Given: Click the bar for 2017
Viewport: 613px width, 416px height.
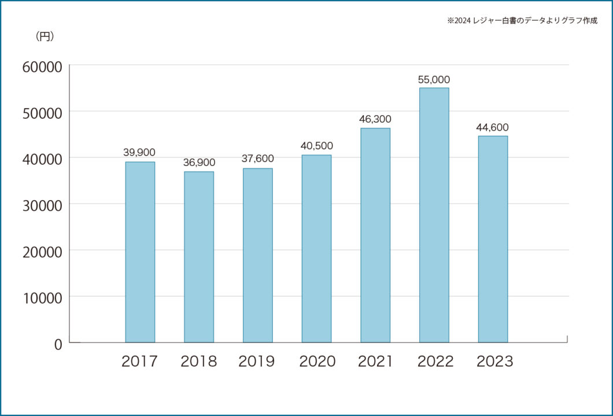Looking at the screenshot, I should coord(140,252).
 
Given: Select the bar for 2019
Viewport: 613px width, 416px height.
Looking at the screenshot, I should coord(257,255).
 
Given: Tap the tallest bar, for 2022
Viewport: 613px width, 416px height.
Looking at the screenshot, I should coord(434,215).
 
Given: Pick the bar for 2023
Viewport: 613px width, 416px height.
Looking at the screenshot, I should coord(493,239).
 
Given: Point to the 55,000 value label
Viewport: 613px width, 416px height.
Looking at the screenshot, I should coord(434,80).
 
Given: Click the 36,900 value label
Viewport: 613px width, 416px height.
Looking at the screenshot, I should coord(198,163).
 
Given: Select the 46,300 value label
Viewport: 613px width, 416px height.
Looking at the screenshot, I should coord(375,120).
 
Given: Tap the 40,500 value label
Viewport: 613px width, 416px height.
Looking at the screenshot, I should coord(316,146).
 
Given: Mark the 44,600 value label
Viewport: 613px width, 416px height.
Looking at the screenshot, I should coord(493,127).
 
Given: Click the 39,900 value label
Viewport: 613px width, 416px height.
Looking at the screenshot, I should coord(139,152).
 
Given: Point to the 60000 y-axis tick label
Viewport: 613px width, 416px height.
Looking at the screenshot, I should coord(41,66).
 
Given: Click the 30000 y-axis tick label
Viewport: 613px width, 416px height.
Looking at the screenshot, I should coord(41,205).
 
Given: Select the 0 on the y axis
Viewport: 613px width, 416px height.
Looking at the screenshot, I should coord(57,344).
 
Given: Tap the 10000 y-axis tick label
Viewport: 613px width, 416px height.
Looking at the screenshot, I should coord(41,297).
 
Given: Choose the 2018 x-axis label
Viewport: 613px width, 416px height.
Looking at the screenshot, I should coord(198,362).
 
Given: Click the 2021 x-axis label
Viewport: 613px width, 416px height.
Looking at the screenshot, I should coord(375,362).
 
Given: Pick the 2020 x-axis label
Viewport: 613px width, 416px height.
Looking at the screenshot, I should coord(317,362).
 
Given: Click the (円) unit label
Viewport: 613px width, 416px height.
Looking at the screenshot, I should coord(45,36).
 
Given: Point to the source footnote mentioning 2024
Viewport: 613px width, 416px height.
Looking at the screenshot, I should coord(522,21).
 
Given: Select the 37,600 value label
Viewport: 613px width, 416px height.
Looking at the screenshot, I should coord(257,159).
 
